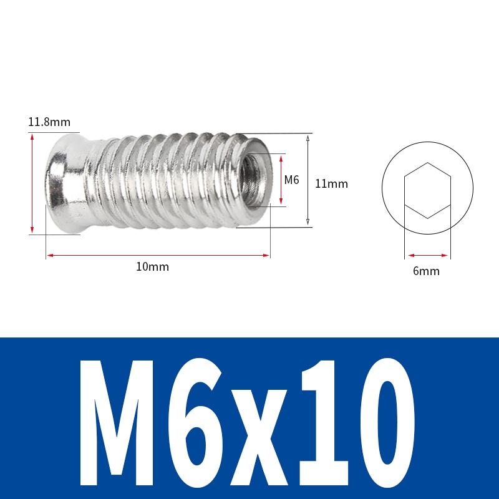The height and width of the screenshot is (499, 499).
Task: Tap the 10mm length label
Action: tap(153, 267)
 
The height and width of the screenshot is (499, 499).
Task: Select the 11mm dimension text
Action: tap(331, 184)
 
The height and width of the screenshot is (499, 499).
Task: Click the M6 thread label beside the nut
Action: tap(292, 180)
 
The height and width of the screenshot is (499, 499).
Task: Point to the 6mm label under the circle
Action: tap(427, 271)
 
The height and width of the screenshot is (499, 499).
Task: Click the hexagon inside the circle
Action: tap(427, 190)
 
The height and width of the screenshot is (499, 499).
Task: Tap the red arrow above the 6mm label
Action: tap(427, 254)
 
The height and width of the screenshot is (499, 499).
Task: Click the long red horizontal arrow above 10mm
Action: tap(158, 254)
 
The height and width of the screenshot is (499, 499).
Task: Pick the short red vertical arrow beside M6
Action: tap(282, 180)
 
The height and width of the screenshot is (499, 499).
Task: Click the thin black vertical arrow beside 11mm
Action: tap(308, 180)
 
